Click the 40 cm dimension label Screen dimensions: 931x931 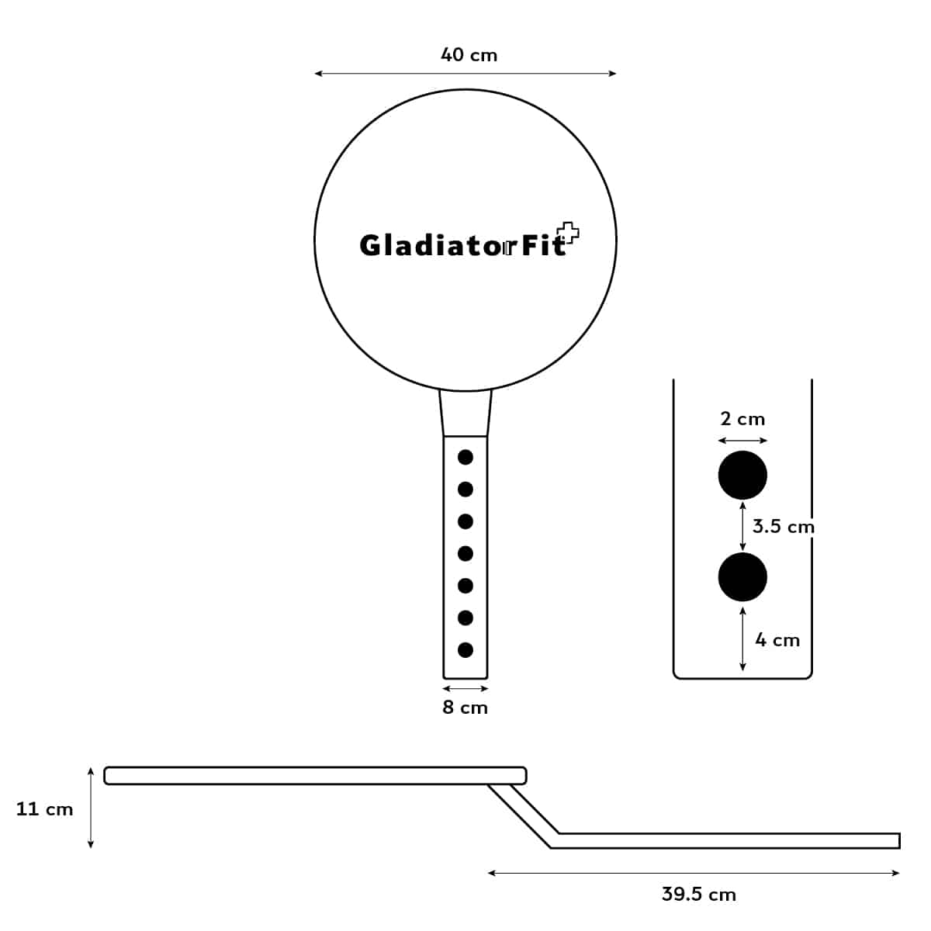pos(469,55)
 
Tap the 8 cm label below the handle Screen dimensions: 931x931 pos(465,708)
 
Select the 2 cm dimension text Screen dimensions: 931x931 pos(742,419)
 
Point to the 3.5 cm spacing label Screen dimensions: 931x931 pos(783,527)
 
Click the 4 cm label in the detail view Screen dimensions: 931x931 pos(777,640)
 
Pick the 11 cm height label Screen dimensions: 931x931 pos(44,809)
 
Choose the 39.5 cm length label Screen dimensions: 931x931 pos(698,894)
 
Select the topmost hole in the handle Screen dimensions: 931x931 pos(465,457)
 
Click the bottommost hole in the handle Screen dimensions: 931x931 pos(465,649)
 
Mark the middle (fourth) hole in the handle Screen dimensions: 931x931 pos(465,553)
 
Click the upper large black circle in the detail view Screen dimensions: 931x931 pos(742,475)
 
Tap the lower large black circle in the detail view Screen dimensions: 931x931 pos(742,576)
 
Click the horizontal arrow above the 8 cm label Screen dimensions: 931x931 pos(465,688)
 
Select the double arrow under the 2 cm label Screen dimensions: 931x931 pos(742,441)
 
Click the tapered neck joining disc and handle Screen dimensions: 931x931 pos(465,414)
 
